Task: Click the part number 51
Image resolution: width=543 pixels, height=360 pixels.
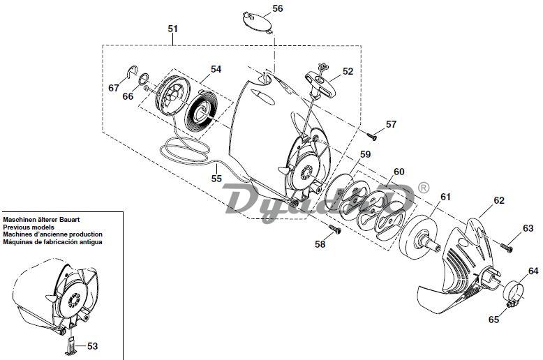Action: coord(173,29)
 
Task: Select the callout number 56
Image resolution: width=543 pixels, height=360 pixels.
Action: coord(278,8)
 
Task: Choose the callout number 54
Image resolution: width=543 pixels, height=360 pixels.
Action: coord(216,70)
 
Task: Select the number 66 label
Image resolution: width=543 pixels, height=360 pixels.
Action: coord(128,96)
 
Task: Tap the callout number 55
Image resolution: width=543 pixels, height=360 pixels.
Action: coord(216,179)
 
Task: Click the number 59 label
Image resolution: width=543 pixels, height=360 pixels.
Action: coord(365,154)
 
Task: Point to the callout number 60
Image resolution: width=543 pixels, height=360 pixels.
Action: coord(399,172)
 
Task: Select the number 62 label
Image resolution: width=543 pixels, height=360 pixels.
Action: coord(499,200)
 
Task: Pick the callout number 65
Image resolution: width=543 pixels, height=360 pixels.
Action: coord(494,319)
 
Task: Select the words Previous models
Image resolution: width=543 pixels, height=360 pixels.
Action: coord(27,227)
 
